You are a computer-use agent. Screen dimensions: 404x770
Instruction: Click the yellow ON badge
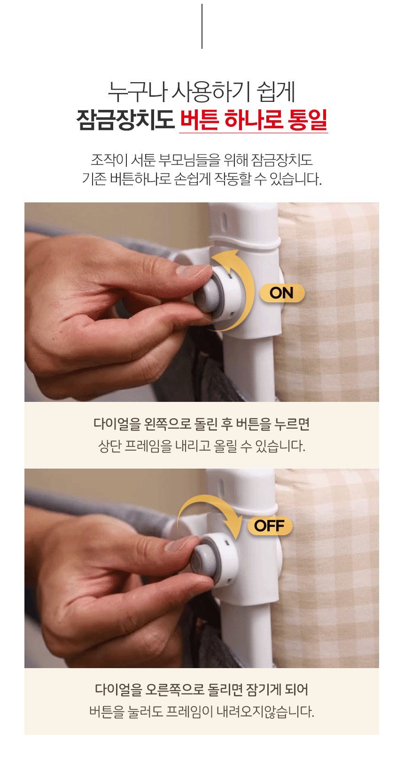coord(282,293)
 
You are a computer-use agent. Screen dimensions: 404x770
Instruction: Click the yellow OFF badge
coord(270,526)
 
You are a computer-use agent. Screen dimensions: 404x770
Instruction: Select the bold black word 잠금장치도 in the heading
coord(125,120)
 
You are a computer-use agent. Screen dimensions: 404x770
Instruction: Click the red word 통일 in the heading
coord(307,120)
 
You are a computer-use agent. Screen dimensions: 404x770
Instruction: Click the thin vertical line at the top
coord(202,26)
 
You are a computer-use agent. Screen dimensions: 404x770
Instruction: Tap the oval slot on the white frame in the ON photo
coord(224,219)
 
